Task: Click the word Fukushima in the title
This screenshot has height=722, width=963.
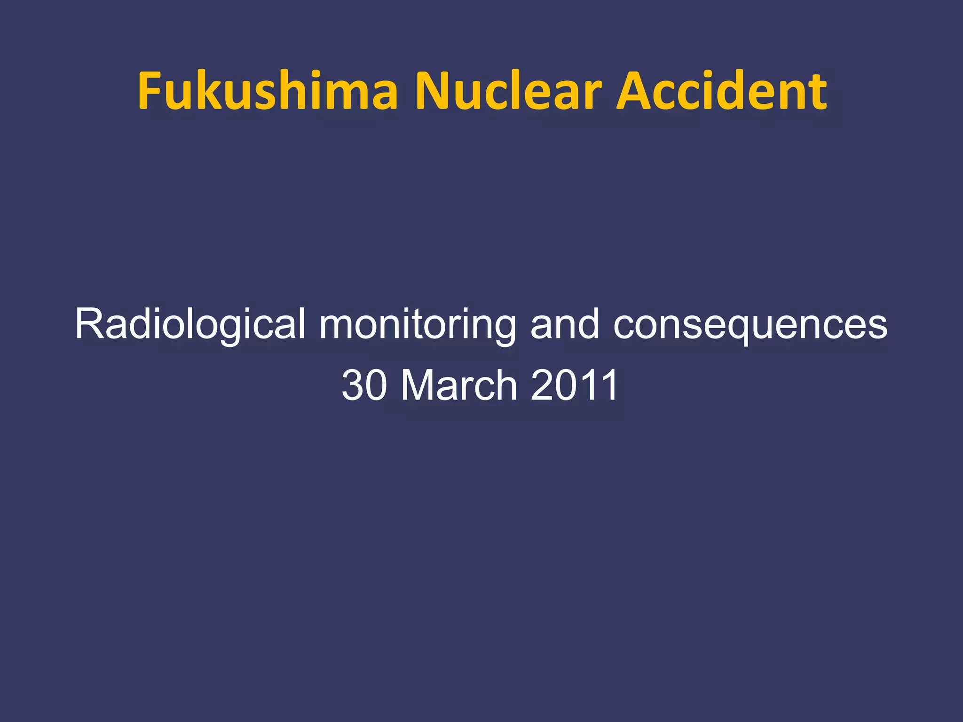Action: (267, 91)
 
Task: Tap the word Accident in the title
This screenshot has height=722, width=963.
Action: (721, 91)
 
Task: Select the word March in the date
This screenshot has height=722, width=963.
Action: (459, 385)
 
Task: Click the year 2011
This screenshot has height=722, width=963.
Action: (574, 385)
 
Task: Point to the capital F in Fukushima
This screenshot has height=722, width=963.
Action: (150, 91)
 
